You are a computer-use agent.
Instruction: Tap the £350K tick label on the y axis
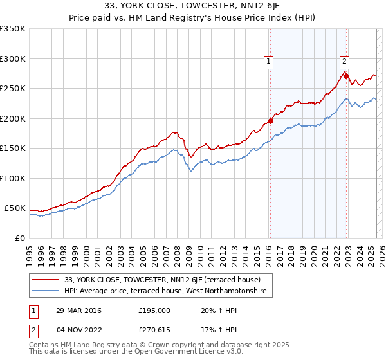pos(13,29)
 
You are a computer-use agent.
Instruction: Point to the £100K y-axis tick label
pos(13,178)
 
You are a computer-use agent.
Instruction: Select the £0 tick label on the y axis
pos(19,238)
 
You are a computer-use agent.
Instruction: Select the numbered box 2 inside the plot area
pos(344,62)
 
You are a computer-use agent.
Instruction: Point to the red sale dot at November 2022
pos(346,76)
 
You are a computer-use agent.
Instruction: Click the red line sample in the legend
pos(46,280)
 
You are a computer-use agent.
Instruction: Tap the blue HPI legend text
pos(169,291)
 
